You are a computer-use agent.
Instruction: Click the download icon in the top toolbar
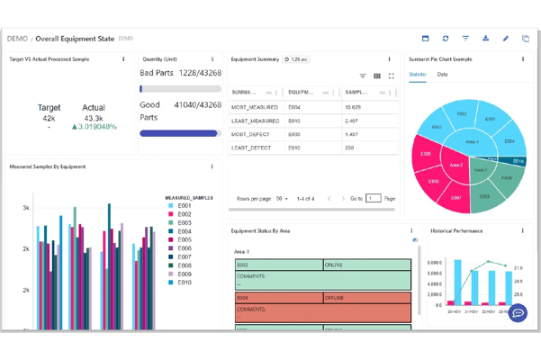click(x=485, y=39)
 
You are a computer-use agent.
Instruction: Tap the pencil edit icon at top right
click(x=506, y=39)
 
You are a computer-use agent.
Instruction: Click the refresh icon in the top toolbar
click(x=446, y=39)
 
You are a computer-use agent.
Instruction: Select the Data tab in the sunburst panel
click(x=442, y=75)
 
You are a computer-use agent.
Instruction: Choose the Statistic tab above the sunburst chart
click(x=418, y=75)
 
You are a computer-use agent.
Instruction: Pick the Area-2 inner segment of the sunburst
click(x=455, y=165)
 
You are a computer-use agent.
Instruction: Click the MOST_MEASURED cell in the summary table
click(x=255, y=107)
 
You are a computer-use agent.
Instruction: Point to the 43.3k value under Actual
click(x=94, y=118)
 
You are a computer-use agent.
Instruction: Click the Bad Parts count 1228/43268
click(x=200, y=73)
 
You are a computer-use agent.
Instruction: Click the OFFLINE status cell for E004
click(x=366, y=297)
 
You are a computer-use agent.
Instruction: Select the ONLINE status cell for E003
click(x=366, y=265)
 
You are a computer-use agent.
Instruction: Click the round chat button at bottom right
click(x=518, y=313)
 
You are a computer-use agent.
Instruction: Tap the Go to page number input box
click(x=373, y=198)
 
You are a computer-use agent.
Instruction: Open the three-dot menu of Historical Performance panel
click(x=522, y=231)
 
